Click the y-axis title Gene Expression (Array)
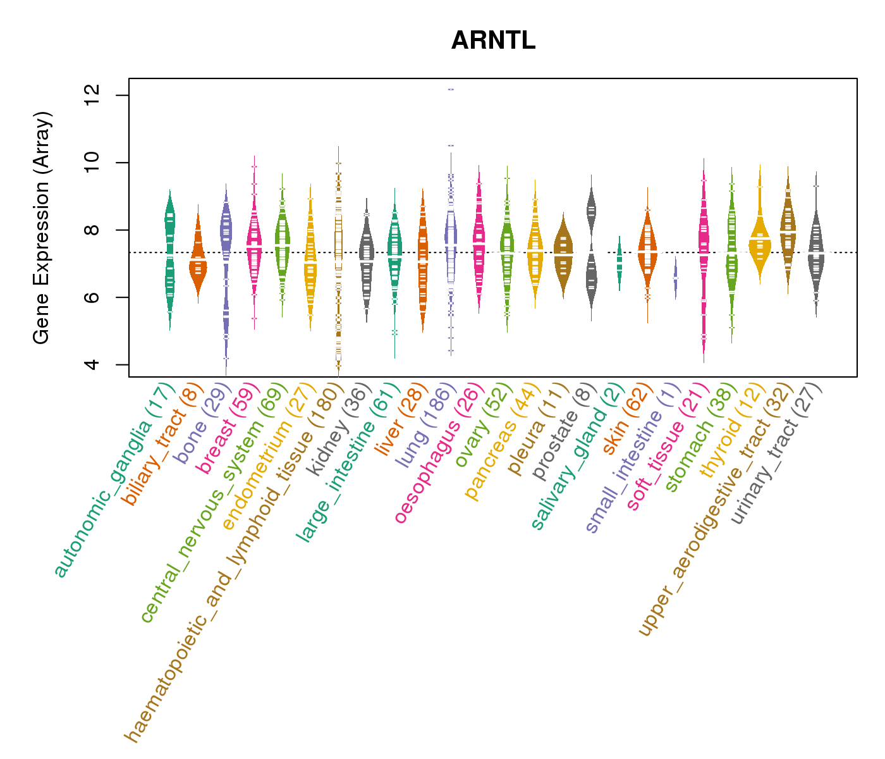pyautogui.click(x=42, y=228)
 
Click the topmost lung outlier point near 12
pyautogui.click(x=451, y=90)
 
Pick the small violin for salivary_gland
pyautogui.click(x=619, y=262)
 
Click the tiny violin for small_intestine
pyautogui.click(x=676, y=278)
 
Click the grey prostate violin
pyautogui.click(x=591, y=253)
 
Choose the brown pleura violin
pyautogui.click(x=563, y=253)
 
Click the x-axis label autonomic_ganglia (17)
pyautogui.click(x=114, y=481)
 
